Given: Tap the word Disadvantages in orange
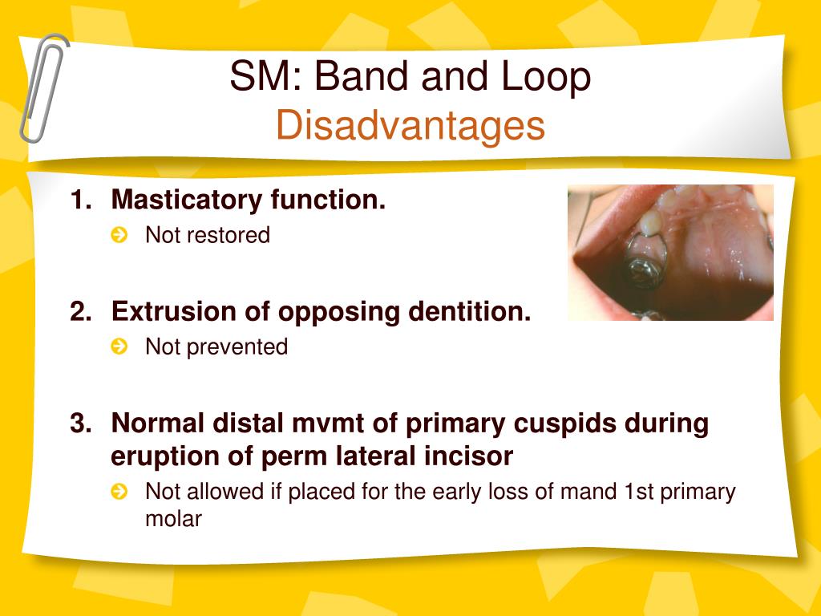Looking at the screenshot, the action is [x=410, y=126].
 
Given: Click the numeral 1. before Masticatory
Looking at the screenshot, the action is [x=81, y=200].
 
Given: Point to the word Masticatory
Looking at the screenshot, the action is [x=187, y=200].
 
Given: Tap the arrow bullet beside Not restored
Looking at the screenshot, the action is [x=119, y=235].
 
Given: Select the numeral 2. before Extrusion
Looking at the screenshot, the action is [x=81, y=311].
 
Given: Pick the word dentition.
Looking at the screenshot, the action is [x=470, y=311].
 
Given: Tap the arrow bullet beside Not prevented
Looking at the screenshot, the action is [x=119, y=346].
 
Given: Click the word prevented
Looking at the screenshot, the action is [x=237, y=346].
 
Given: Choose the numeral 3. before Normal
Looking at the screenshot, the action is [x=81, y=423].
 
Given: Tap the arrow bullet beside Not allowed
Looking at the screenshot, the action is [x=119, y=492].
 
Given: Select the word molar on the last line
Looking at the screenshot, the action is [x=173, y=519].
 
